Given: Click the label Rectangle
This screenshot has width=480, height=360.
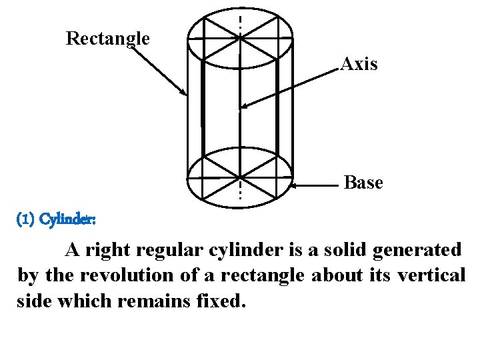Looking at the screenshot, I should pyautogui.click(x=107, y=39).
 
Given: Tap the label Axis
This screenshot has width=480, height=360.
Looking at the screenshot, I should pyautogui.click(x=359, y=65).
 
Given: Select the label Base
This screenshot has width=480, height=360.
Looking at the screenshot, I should pyautogui.click(x=363, y=183).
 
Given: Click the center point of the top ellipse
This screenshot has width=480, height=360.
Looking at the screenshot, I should pyautogui.click(x=240, y=39).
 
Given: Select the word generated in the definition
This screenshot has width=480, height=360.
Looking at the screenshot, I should pyautogui.click(x=417, y=250).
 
